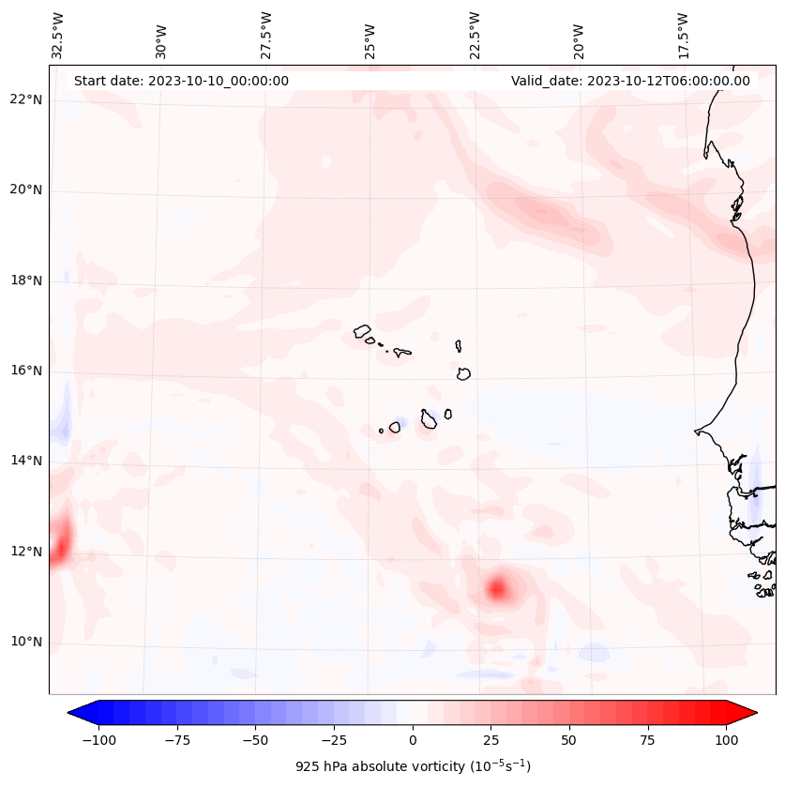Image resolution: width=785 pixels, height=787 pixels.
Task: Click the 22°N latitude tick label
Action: tap(27, 100)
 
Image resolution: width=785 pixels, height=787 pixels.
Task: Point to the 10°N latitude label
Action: tap(27, 643)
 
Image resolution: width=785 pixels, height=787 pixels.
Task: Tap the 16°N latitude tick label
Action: tap(27, 371)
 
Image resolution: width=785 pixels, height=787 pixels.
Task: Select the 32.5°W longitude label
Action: tap(58, 35)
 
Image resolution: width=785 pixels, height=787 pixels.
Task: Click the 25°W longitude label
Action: tap(370, 37)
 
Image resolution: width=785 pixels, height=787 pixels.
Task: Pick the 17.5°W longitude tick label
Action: tap(683, 35)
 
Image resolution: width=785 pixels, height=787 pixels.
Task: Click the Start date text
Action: tap(181, 81)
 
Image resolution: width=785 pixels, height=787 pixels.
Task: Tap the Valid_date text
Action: tap(630, 81)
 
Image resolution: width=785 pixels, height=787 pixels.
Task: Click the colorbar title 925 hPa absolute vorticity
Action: tap(413, 766)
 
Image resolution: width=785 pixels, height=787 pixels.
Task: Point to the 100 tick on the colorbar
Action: tap(726, 740)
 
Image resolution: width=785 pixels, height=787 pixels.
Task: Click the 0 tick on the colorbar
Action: tap(413, 740)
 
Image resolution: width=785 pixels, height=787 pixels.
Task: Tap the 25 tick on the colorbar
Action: tap(491, 740)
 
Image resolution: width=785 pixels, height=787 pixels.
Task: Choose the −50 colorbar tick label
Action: tap(256, 740)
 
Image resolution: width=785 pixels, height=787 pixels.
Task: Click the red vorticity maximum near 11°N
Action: tap(497, 588)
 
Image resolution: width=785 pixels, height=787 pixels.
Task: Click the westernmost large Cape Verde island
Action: tap(362, 330)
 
